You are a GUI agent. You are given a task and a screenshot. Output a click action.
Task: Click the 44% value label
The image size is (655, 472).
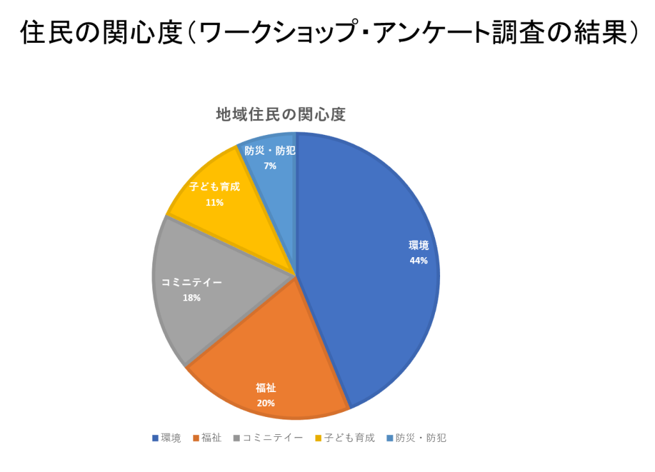[418, 260]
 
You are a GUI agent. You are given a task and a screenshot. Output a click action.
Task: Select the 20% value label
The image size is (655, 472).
[265, 403]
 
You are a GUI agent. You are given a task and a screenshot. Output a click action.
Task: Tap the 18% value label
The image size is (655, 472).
[191, 297]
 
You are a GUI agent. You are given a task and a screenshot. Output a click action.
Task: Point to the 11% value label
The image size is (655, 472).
[214, 202]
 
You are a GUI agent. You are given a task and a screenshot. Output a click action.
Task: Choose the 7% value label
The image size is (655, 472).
[269, 166]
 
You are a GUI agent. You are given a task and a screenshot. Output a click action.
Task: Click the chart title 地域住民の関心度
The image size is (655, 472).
[281, 114]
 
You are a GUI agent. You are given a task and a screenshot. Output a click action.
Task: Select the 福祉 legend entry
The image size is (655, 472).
[211, 438]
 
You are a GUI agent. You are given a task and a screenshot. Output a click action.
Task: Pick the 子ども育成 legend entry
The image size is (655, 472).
[349, 438]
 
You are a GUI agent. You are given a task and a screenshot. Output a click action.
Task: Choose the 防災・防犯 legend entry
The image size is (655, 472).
[420, 438]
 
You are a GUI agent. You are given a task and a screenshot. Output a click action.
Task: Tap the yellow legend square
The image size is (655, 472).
[318, 438]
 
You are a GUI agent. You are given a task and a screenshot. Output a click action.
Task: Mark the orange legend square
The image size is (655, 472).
[196, 438]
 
